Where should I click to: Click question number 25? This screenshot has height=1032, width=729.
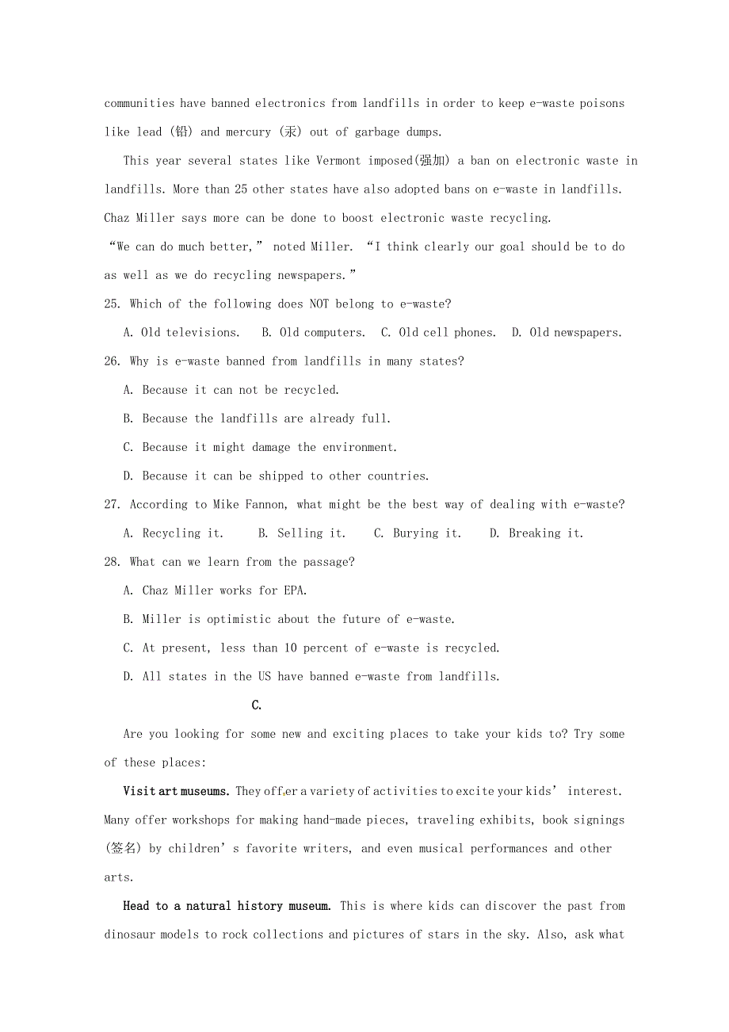[112, 304]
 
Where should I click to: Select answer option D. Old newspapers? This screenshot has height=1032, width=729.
[567, 333]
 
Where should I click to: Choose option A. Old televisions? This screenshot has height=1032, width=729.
[181, 333]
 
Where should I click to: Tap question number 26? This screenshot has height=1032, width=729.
[112, 361]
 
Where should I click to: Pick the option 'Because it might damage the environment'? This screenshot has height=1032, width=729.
[261, 448]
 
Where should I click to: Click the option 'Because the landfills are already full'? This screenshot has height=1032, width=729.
[258, 419]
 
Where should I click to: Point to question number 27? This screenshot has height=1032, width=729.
[112, 505]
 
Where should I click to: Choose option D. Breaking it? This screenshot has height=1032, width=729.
[536, 533]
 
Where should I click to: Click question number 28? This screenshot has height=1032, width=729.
[112, 562]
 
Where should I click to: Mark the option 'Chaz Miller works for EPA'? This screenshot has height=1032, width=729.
[216, 591]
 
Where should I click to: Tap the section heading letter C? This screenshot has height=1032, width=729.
[256, 705]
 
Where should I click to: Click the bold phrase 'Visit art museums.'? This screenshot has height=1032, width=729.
[177, 791]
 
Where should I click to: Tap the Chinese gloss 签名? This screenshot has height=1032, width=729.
[123, 849]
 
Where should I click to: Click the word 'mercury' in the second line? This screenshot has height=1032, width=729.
[249, 132]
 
